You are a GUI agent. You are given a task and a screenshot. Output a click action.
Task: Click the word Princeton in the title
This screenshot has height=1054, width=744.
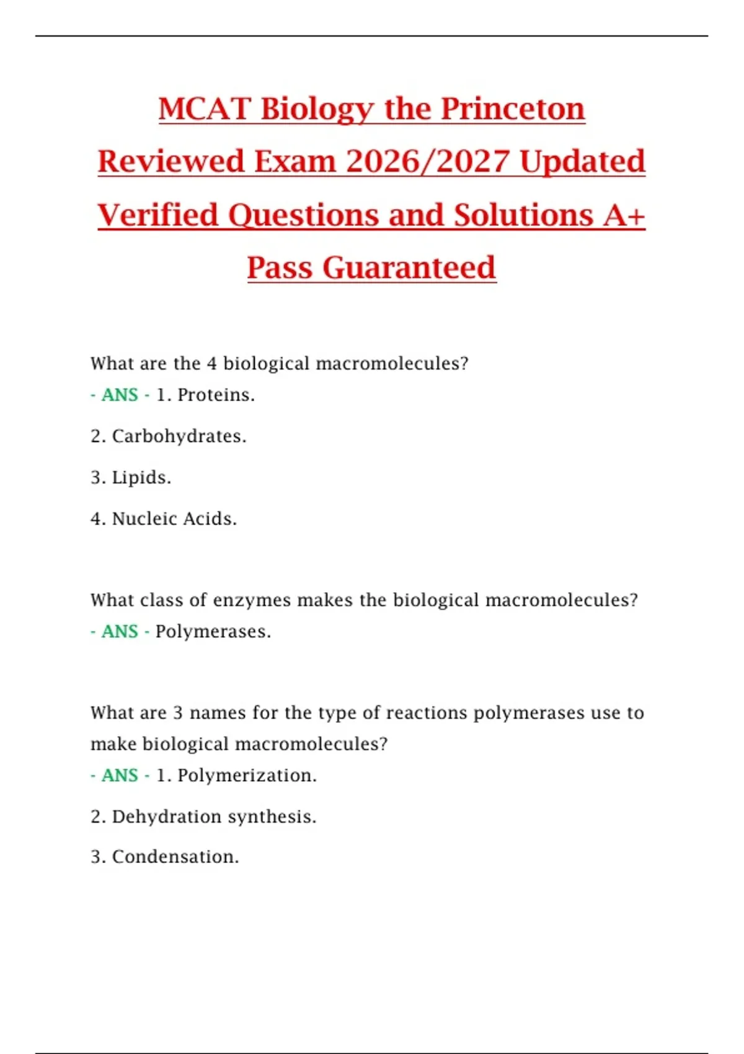[513, 109]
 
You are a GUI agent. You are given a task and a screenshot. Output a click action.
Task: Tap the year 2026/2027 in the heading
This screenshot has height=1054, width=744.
[428, 162]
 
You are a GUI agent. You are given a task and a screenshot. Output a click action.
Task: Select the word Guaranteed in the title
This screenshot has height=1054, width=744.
[409, 268]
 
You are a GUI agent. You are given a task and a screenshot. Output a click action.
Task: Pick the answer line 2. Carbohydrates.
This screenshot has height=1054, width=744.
[169, 436]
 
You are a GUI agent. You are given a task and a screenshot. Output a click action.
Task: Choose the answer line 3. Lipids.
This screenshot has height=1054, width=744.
[131, 477]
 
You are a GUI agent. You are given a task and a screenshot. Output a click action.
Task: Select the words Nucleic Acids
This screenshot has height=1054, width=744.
[174, 519]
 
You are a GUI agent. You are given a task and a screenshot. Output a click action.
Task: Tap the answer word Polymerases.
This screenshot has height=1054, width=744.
[213, 632]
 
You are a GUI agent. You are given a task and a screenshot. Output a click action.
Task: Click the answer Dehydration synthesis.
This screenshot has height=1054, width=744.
[214, 817]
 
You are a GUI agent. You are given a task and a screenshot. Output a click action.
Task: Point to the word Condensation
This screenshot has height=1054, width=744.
[175, 857]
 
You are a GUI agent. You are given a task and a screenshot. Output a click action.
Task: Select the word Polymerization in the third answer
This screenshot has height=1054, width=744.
[247, 776]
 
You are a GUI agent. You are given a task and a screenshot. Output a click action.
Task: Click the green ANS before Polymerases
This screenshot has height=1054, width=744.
[120, 632]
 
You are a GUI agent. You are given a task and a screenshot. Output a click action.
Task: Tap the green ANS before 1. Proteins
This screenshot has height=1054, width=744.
[120, 395]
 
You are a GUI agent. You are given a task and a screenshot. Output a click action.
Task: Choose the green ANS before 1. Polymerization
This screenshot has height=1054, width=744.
[120, 776]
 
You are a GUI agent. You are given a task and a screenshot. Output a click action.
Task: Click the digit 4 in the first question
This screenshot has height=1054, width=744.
[211, 363]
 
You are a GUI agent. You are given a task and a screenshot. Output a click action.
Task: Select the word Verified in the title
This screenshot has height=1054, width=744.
[158, 216]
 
